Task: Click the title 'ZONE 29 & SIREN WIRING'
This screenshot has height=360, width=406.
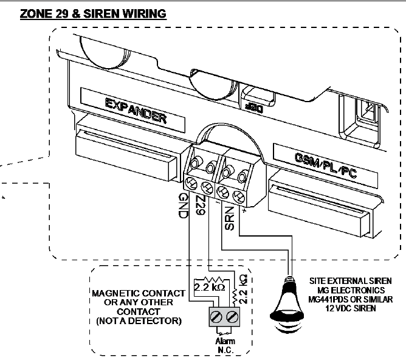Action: pos(93,13)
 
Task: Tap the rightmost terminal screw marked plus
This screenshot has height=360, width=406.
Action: pos(239,196)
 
